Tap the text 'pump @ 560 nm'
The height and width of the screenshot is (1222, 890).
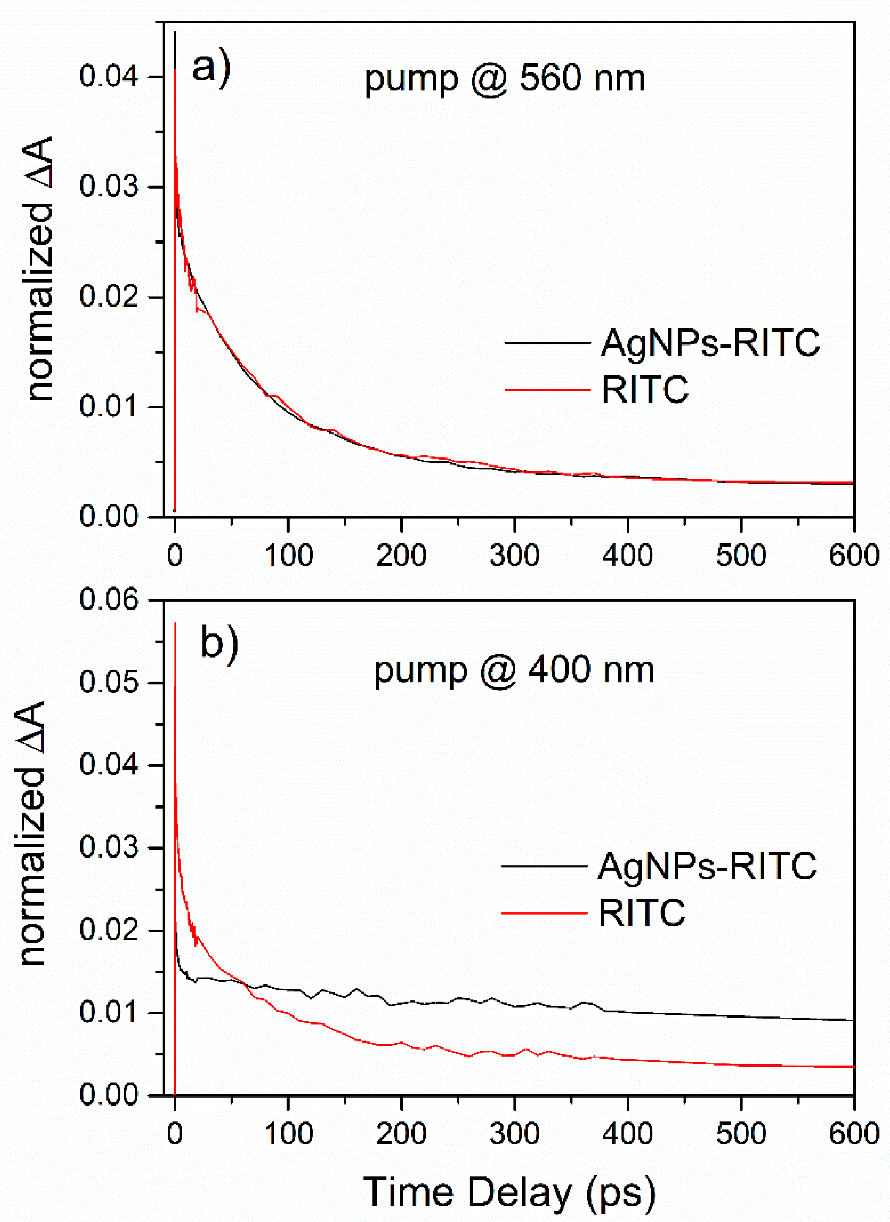coord(505,79)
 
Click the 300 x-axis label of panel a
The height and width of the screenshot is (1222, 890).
coord(514,555)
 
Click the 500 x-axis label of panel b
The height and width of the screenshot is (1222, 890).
coord(741,1133)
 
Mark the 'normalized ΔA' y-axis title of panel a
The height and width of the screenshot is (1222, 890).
coord(40,269)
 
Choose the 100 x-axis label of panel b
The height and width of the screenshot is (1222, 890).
coord(288,1133)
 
